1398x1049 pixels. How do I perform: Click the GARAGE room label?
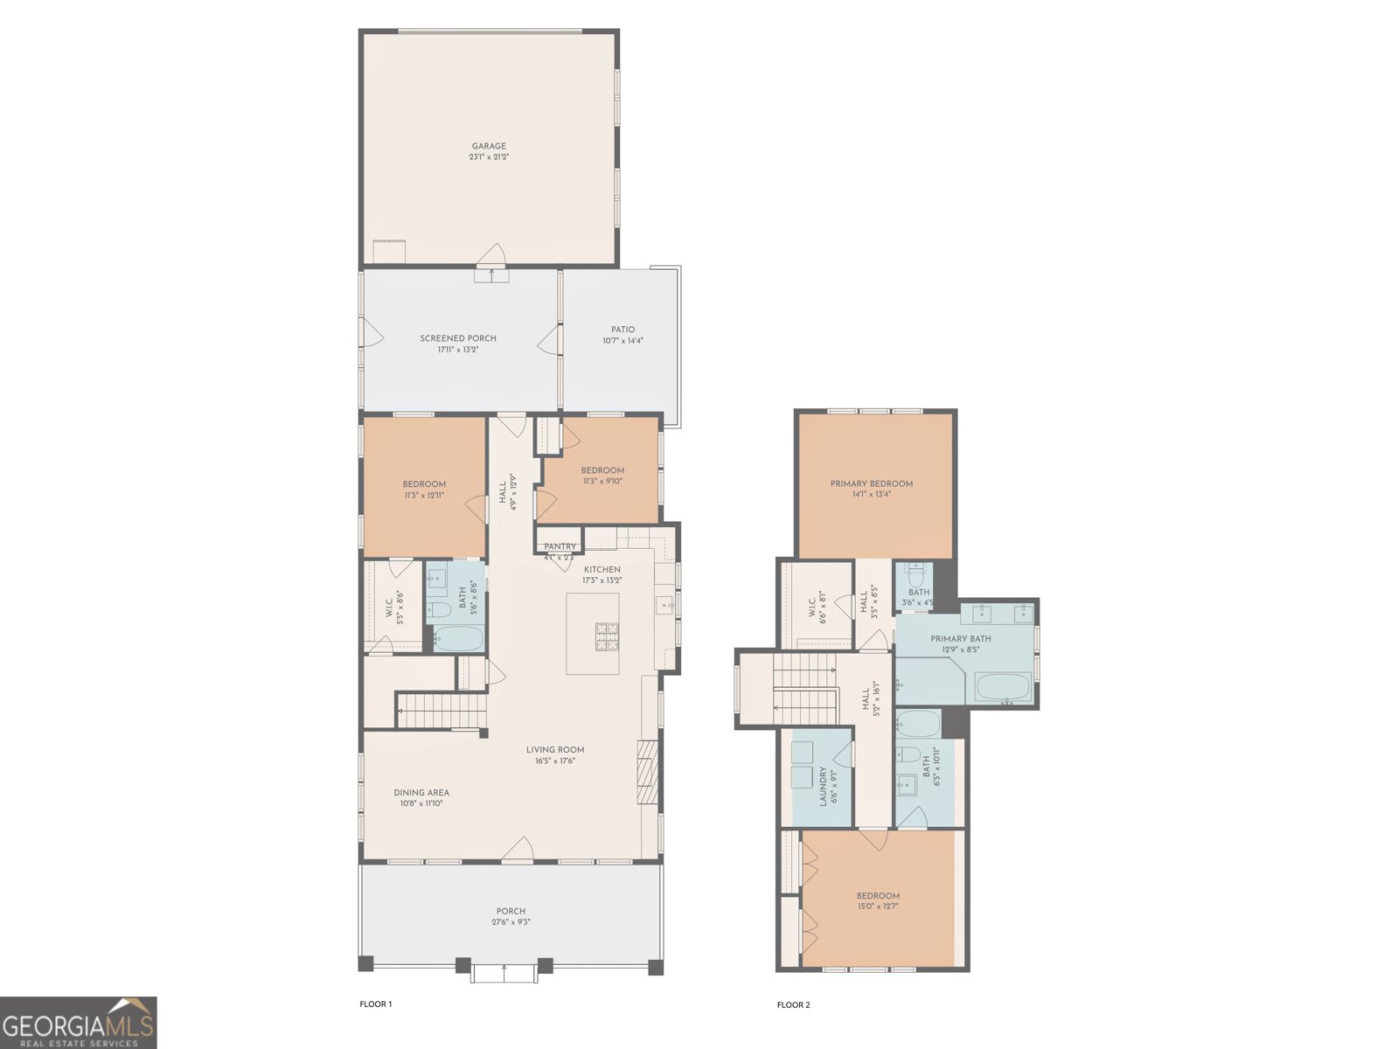click(x=489, y=146)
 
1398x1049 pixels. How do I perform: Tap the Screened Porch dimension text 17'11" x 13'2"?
click(x=457, y=350)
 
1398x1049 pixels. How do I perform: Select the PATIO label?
click(x=622, y=330)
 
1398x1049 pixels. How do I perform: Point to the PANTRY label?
click(x=560, y=546)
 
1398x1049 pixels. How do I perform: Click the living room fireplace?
click(x=646, y=771)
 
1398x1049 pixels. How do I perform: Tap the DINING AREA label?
click(x=421, y=793)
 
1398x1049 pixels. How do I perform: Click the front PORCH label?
click(x=511, y=911)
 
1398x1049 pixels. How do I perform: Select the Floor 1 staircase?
click(x=442, y=710)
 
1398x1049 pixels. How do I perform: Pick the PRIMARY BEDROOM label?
click(x=871, y=483)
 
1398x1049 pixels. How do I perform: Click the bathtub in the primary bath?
click(x=1003, y=687)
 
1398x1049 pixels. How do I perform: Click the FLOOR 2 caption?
click(x=793, y=1005)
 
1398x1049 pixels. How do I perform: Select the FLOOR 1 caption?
click(x=376, y=1004)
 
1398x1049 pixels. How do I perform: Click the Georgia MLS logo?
click(x=78, y=1023)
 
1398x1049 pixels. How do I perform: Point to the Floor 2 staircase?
click(x=804, y=687)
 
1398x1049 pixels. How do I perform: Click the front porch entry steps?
click(x=504, y=972)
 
